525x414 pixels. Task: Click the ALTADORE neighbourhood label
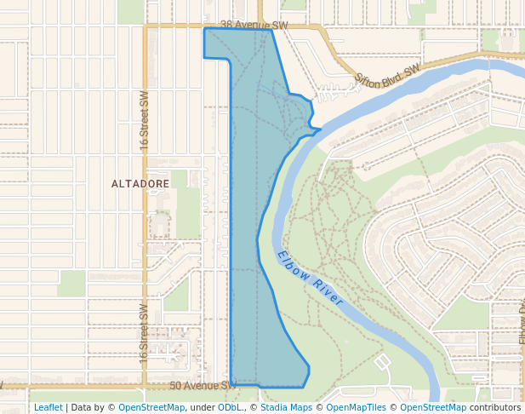click(140, 183)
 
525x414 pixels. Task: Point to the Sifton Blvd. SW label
click(388, 77)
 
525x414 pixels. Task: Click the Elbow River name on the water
click(310, 279)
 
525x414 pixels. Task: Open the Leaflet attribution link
click(48, 407)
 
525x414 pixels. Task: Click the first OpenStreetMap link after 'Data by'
click(151, 407)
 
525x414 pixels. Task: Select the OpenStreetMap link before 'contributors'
click(433, 407)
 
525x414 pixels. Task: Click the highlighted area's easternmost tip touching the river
click(321, 130)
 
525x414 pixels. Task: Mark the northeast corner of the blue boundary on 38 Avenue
click(271, 32)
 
